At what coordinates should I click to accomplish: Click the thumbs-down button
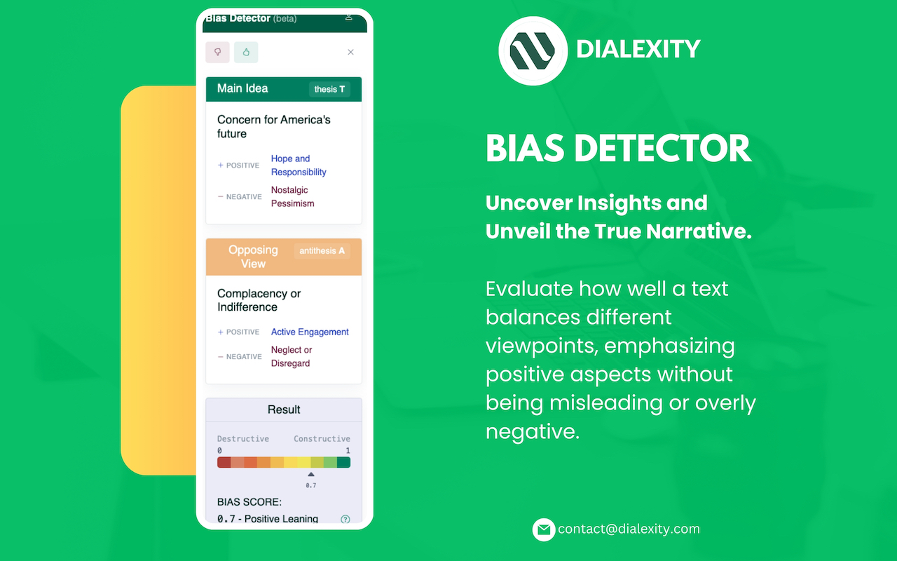pos(217,52)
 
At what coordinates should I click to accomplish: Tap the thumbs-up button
pos(246,52)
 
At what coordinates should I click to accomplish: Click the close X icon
pos(350,52)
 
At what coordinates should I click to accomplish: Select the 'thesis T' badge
pos(329,89)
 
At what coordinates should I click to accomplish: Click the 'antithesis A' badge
pos(322,251)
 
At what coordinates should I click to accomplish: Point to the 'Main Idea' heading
pos(242,88)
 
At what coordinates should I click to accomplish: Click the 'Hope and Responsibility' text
pos(299,165)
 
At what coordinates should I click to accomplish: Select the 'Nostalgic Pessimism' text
pos(293,197)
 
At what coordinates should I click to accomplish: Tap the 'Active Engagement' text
pos(310,332)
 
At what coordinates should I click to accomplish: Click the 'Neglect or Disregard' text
pos(292,357)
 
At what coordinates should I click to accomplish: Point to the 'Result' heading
pos(284,410)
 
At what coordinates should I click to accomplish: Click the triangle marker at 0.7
pos(311,475)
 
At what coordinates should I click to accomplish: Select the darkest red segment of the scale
pos(224,462)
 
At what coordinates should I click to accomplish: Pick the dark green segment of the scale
pos(343,462)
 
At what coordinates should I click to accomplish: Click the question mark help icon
pos(345,520)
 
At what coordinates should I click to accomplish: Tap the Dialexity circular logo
pos(533,50)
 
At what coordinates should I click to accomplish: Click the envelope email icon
pos(544,529)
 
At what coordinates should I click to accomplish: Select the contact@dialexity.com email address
pos(629,529)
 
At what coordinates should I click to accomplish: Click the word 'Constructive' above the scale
pos(322,439)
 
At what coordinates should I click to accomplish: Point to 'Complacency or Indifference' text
pos(259,300)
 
